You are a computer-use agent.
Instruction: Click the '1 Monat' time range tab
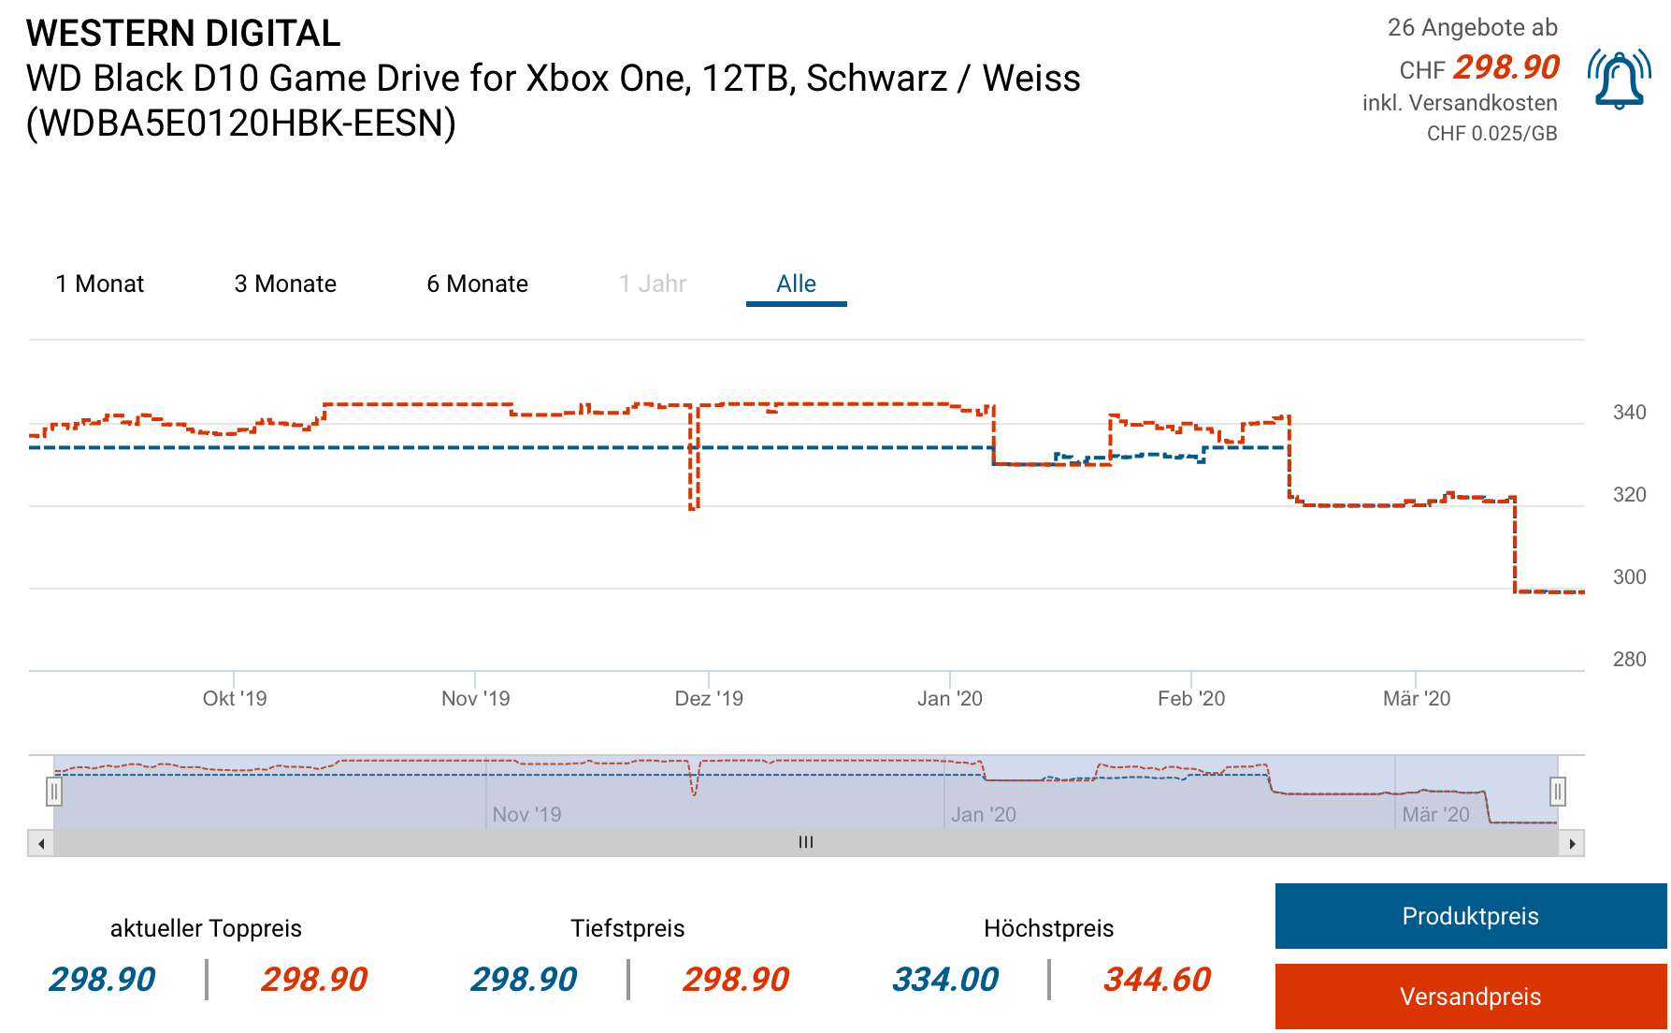click(x=100, y=284)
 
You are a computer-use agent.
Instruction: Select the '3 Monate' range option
click(x=285, y=284)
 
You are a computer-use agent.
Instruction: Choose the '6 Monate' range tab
click(x=477, y=284)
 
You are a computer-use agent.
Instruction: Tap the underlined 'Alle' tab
click(x=796, y=284)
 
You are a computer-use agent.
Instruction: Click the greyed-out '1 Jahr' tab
click(x=653, y=284)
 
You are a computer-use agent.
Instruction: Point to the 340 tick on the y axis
click(x=1629, y=413)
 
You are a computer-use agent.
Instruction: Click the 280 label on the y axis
click(x=1629, y=660)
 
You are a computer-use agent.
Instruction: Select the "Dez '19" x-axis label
click(x=709, y=699)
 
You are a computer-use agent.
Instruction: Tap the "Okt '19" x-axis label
click(x=235, y=699)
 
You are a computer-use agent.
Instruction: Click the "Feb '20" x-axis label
click(x=1190, y=699)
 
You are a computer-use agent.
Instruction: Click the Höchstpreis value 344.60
click(x=1157, y=980)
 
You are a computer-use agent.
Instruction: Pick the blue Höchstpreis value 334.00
click(x=945, y=980)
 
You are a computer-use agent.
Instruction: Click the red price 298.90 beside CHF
click(x=1505, y=67)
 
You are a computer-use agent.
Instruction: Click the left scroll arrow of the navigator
click(x=41, y=843)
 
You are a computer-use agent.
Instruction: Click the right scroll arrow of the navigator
click(x=1572, y=843)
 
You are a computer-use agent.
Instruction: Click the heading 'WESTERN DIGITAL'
click(x=183, y=34)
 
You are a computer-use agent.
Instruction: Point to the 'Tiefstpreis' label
click(x=627, y=928)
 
